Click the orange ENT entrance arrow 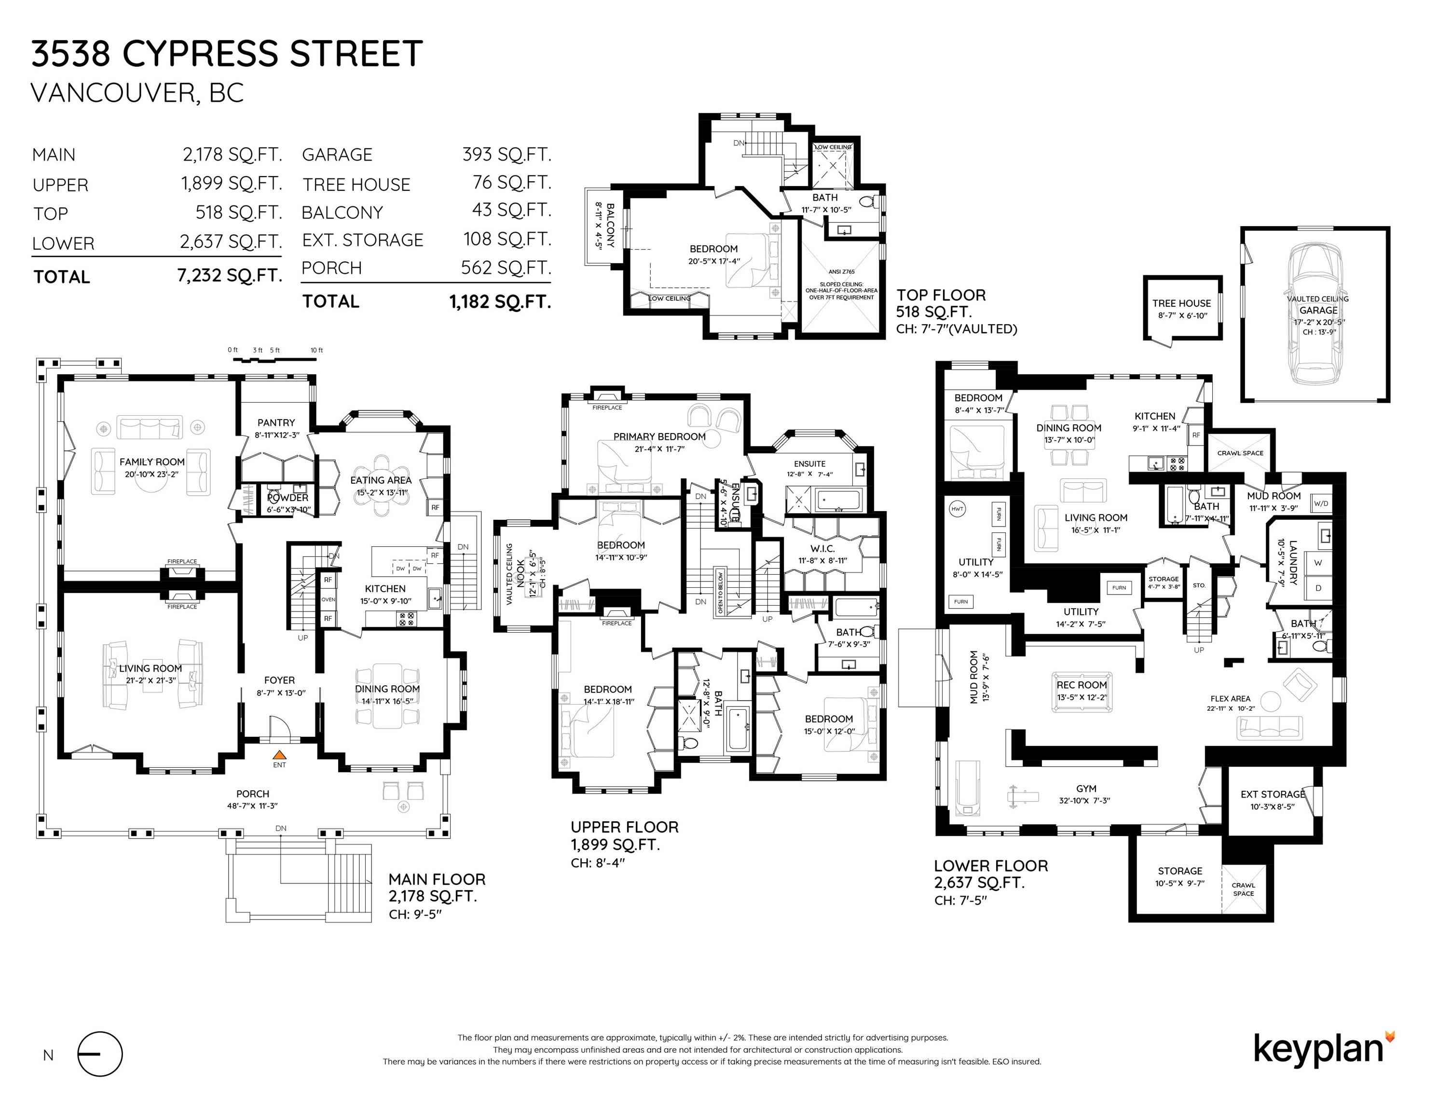point(279,756)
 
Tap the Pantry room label point(276,422)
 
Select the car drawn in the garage point(1315,314)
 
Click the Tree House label point(1181,303)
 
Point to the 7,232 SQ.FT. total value point(229,275)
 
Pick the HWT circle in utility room point(957,509)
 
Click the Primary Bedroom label point(659,436)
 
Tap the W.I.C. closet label point(822,548)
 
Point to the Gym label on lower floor point(1086,788)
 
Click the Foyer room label point(279,680)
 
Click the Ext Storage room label point(1272,794)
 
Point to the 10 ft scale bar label point(317,350)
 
